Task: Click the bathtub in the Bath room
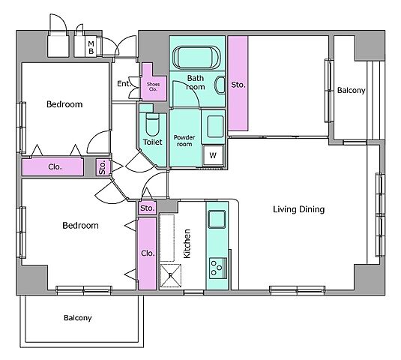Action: [x=196, y=57]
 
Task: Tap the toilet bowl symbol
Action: [x=153, y=124]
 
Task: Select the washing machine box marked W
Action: [x=213, y=155]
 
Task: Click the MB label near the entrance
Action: [x=91, y=48]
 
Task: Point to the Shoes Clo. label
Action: [x=153, y=87]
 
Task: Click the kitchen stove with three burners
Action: [x=218, y=268]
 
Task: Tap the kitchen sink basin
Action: [x=217, y=219]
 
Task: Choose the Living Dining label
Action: [x=299, y=209]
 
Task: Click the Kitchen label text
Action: [x=187, y=244]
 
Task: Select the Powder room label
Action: [x=184, y=141]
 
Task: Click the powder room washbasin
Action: [x=215, y=127]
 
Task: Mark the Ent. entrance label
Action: [x=124, y=84]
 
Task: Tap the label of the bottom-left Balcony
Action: [x=78, y=318]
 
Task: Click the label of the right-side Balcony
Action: [x=351, y=90]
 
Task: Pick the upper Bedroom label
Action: [x=64, y=104]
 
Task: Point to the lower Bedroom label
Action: [x=80, y=226]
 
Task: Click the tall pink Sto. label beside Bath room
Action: [x=238, y=85]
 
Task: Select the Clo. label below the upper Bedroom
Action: [x=55, y=167]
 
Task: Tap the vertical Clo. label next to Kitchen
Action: [x=148, y=253]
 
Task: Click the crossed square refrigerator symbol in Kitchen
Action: [x=171, y=275]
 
